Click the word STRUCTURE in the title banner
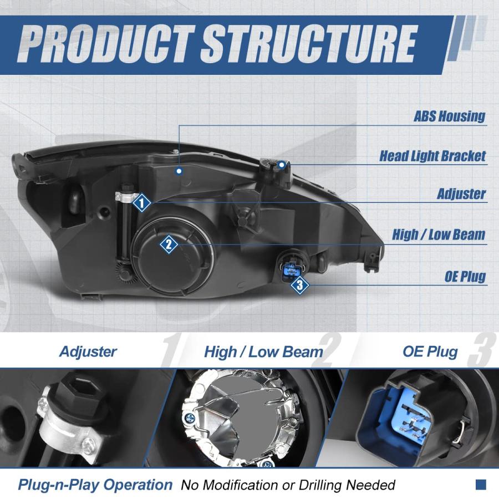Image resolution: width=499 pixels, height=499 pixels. point(309,44)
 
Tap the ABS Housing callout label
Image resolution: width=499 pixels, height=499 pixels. point(449,116)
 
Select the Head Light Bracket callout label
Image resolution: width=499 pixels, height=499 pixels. point(432,156)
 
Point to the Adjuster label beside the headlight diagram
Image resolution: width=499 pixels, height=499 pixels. point(461,194)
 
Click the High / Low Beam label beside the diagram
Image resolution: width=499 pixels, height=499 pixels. point(439,235)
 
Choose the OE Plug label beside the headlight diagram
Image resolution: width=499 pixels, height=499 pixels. point(465,276)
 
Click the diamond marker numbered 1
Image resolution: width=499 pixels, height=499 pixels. point(141,202)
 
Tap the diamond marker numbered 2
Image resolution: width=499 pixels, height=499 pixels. point(169,245)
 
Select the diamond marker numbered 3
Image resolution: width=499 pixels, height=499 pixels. point(300,285)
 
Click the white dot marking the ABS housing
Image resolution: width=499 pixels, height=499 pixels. point(179,171)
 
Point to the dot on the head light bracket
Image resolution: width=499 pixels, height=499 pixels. point(281,165)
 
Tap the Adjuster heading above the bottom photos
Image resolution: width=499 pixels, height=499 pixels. point(88,352)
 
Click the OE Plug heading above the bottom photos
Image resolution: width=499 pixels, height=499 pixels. point(430,352)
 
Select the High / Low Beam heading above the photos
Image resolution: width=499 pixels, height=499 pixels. point(263,352)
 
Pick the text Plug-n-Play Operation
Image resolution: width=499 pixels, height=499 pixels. point(95,485)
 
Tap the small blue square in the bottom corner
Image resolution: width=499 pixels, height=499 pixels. point(481,485)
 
